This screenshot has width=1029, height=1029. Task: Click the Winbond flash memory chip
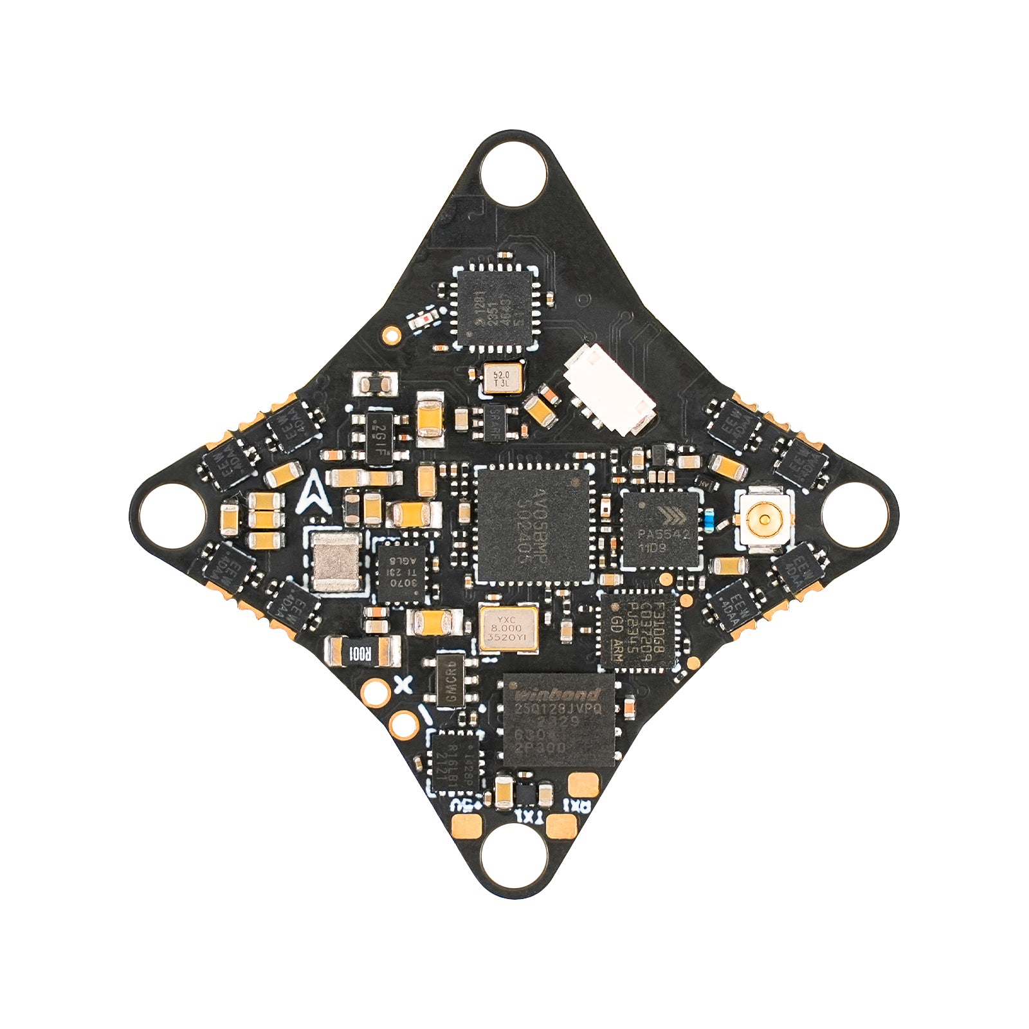(x=558, y=721)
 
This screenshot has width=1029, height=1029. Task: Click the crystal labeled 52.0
(x=500, y=379)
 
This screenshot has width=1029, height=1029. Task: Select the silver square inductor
(x=336, y=561)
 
